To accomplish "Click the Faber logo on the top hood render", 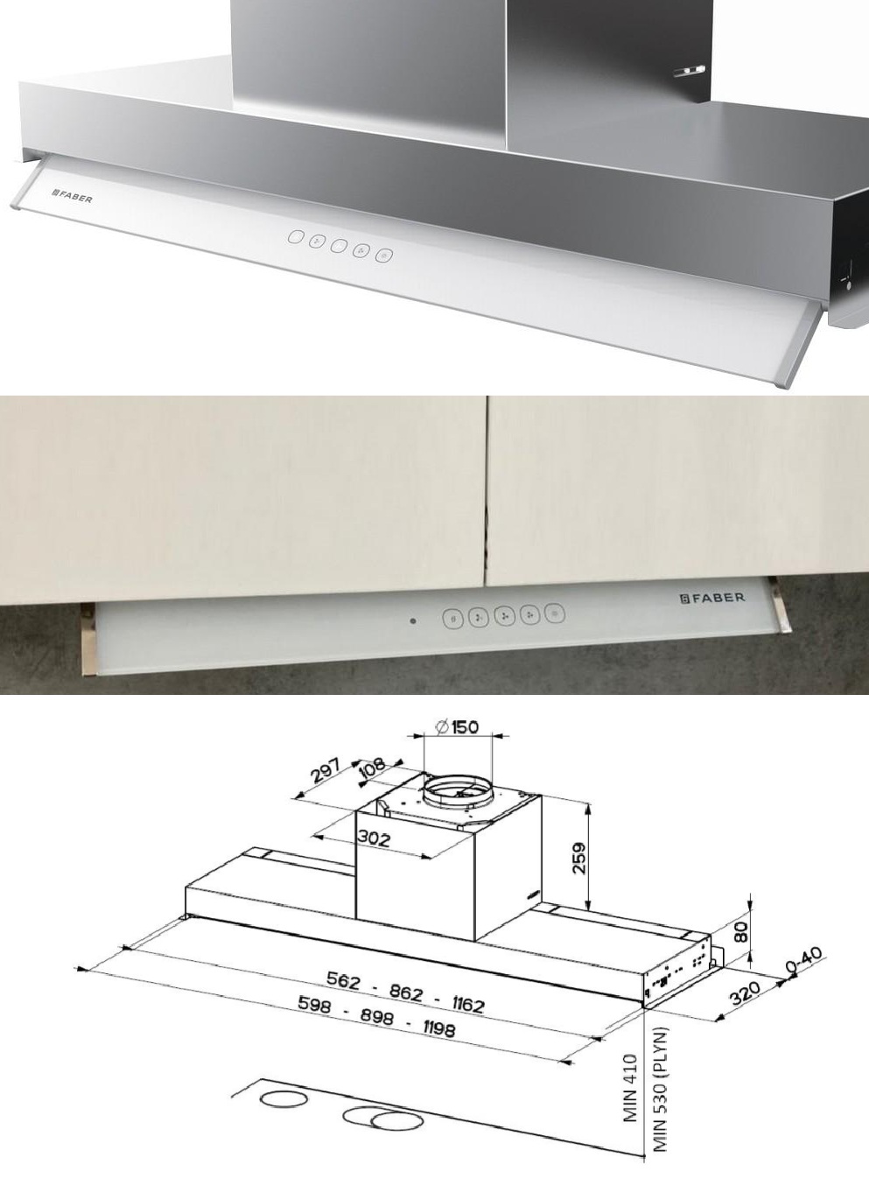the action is (72, 195).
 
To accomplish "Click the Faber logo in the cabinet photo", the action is (713, 598).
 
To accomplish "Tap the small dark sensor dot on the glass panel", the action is (413, 621).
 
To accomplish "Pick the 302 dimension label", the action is (373, 838).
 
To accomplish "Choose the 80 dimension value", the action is (741, 932).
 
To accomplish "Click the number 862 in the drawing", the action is (407, 992).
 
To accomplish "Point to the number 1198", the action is (438, 1029).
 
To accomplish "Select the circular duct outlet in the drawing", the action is (458, 795).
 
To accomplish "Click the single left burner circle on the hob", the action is (283, 1099).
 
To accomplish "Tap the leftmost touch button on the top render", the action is (296, 237).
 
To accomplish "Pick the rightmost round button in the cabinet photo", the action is (554, 614).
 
